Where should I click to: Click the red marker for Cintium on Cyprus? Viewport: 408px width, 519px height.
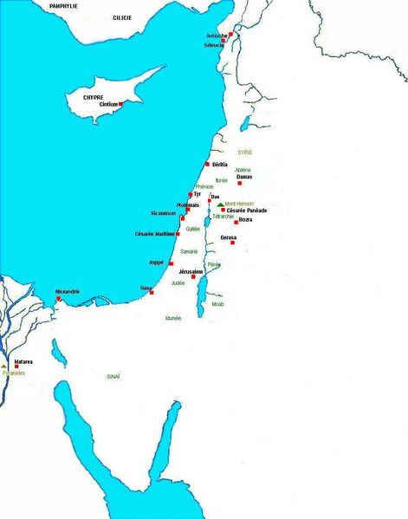click(x=121, y=104)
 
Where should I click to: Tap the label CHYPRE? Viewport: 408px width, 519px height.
click(x=93, y=98)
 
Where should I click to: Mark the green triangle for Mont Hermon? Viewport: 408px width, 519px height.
click(x=221, y=204)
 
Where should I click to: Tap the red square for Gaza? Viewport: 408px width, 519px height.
click(x=153, y=291)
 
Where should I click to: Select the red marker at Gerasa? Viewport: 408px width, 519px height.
click(x=232, y=243)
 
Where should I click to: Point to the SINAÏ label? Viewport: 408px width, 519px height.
click(x=113, y=376)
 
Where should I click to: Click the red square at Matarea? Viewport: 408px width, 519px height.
click(x=16, y=367)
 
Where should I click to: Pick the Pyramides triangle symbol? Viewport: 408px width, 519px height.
click(x=4, y=368)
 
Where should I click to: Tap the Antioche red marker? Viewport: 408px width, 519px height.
click(x=230, y=35)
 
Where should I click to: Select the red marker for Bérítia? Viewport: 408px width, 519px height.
click(x=207, y=164)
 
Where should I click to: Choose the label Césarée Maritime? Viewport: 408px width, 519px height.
click(x=155, y=234)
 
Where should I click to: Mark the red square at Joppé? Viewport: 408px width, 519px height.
click(x=172, y=263)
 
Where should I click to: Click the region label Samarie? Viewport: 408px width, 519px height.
click(x=189, y=251)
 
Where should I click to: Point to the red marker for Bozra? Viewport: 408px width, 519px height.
click(x=236, y=222)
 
